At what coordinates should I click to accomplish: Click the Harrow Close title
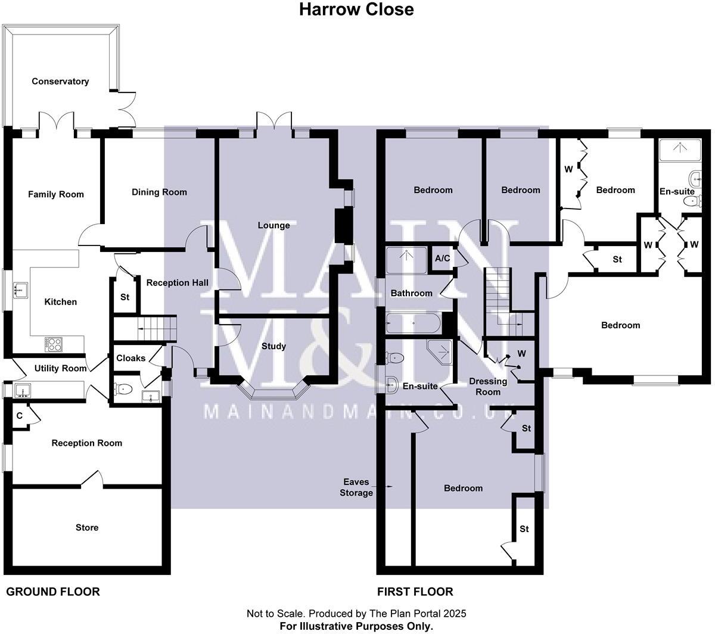(x=356, y=10)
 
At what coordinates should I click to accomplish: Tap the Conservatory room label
(x=60, y=81)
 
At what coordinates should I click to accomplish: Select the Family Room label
(x=56, y=194)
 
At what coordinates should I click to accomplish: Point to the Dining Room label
(x=159, y=192)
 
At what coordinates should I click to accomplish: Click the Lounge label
(x=273, y=225)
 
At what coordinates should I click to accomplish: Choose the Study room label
(x=273, y=346)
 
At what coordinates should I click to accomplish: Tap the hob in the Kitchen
(x=53, y=344)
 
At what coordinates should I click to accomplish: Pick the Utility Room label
(x=60, y=368)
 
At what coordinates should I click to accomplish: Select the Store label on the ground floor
(x=87, y=527)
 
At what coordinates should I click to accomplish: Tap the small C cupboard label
(x=20, y=415)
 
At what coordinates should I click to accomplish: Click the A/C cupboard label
(x=442, y=259)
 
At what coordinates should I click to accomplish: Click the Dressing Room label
(x=488, y=387)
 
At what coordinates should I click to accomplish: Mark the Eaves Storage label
(x=356, y=487)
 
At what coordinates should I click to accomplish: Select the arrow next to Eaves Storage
(x=390, y=487)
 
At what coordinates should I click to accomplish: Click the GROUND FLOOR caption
(x=53, y=592)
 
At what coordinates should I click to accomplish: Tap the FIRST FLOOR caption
(x=415, y=592)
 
